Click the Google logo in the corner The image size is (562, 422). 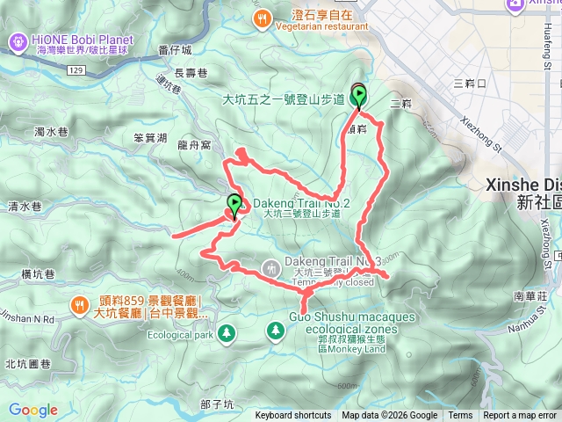(33, 410)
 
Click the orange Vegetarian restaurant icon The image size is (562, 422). (261, 18)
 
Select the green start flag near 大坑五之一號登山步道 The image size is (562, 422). (359, 96)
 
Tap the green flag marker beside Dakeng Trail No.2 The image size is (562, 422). (234, 205)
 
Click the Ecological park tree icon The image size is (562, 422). (227, 333)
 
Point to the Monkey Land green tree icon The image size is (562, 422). (276, 329)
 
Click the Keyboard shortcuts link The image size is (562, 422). (293, 416)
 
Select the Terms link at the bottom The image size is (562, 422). (460, 416)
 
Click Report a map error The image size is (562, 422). (520, 416)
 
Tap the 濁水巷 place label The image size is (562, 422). (51, 132)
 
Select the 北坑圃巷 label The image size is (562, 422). (29, 363)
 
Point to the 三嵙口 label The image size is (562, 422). (469, 84)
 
